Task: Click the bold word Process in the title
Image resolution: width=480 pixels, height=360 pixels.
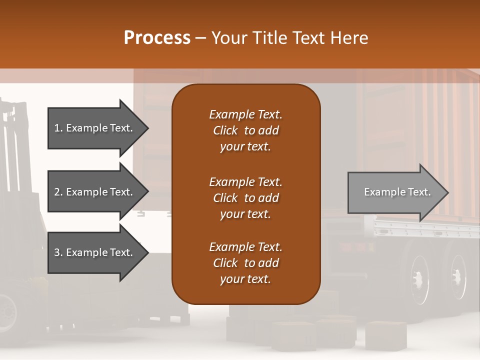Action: pos(157,37)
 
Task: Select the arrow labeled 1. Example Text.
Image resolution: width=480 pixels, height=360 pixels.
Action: pos(95,128)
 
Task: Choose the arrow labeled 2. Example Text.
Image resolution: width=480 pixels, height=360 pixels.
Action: pos(95,192)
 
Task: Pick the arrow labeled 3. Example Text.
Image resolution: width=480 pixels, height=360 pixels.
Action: pos(95,252)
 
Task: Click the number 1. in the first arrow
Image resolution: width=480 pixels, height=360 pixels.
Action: pos(58,128)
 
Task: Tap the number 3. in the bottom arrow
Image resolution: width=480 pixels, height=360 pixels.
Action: pos(58,252)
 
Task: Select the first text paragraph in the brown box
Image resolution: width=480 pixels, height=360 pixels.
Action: pos(245,130)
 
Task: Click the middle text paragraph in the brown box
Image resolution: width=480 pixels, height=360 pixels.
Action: pos(245,198)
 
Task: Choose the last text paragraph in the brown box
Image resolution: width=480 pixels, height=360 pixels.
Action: pos(245,263)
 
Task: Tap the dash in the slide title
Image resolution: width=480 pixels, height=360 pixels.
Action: pos(201,37)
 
